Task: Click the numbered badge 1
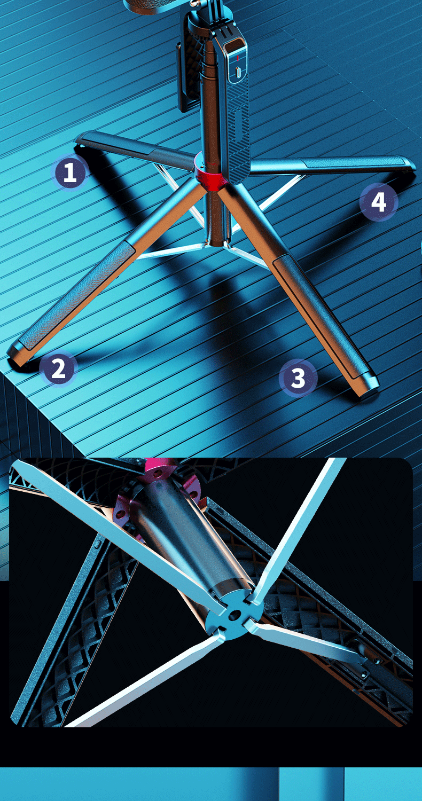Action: coord(70,171)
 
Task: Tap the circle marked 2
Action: coord(58,368)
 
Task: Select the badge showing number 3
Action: coord(298,378)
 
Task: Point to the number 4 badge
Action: coord(379,202)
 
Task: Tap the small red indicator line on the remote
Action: coord(238,58)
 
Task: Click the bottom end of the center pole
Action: coord(216,242)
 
